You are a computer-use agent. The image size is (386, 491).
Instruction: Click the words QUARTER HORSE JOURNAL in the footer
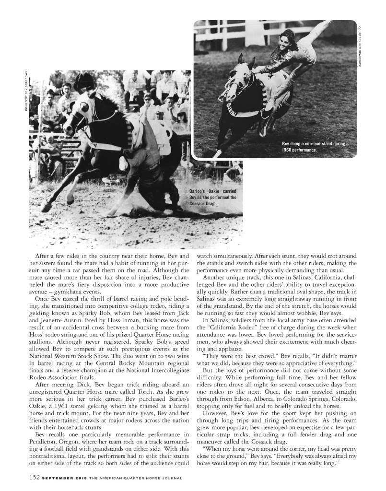(x=146, y=478)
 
